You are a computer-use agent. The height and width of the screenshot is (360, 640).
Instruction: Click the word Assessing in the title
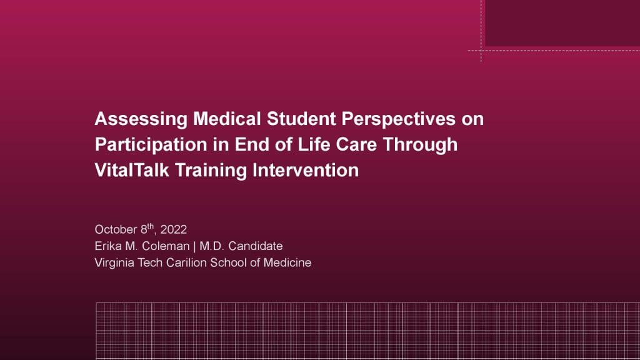coord(141,119)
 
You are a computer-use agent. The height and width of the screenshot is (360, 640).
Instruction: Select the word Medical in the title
coord(227,119)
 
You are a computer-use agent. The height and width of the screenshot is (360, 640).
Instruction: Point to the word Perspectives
coord(398,119)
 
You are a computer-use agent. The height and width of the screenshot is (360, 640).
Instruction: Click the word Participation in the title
coord(151,145)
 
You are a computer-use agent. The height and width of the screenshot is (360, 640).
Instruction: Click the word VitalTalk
coord(132,170)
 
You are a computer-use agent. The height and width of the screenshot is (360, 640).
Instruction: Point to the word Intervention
coord(306,170)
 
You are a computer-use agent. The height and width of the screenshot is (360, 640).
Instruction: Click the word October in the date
coord(116,229)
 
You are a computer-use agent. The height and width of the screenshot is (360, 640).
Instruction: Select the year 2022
coord(174,229)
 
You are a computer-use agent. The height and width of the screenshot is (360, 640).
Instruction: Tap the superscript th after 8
coord(151,226)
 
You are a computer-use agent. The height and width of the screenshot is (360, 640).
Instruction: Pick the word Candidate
coord(256,246)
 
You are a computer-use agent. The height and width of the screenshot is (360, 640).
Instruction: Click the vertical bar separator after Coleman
coord(195,246)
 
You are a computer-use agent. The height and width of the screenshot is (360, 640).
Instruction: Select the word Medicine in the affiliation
coord(287,262)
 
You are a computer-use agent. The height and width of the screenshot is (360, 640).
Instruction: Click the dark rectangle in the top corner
coord(562,23)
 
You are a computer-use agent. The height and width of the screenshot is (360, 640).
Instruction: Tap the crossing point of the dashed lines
coord(481,51)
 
